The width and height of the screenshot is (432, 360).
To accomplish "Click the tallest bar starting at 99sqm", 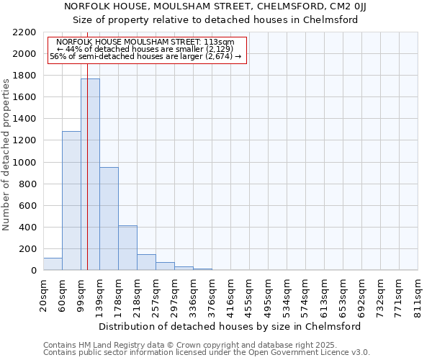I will pos(90,174).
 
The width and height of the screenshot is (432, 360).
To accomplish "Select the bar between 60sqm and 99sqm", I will pos(71,201).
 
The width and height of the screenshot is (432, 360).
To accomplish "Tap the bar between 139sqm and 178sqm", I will pos(109,219).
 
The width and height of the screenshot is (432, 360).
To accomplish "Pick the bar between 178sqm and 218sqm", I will pos(127,248).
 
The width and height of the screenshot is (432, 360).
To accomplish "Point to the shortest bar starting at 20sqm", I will pos(53,264).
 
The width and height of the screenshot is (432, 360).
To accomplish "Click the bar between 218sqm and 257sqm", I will pos(146,262).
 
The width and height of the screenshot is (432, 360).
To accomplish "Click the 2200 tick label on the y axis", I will pos(25,32).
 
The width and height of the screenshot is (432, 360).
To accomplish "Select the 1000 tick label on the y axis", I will pos(25,163).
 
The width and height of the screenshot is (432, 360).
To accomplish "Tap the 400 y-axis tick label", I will pos(28,228).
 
